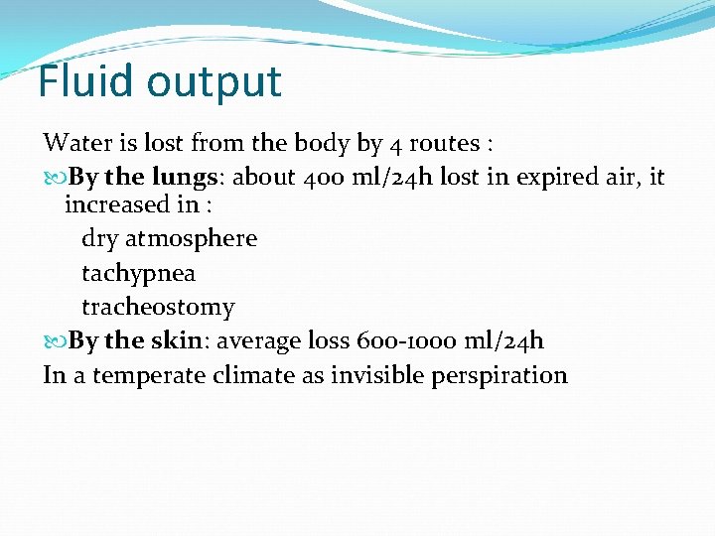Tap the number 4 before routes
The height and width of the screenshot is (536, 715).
(x=396, y=144)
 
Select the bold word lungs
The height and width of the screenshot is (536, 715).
(x=184, y=179)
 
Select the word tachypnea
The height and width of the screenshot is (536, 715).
(x=138, y=273)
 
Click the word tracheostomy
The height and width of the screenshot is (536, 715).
(x=158, y=308)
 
